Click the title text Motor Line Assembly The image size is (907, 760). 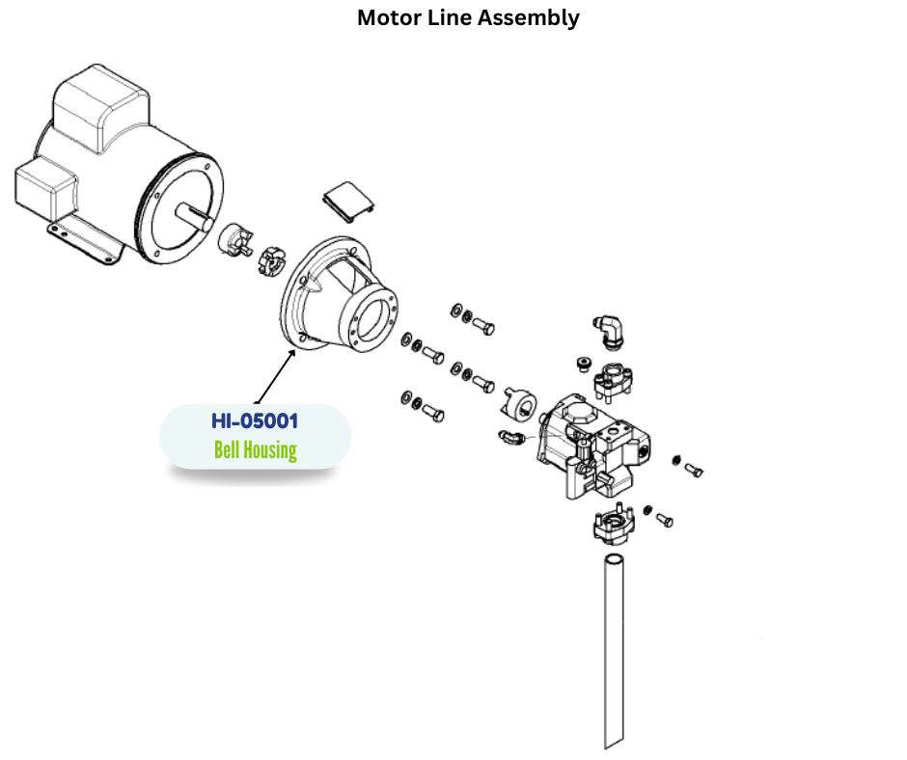pyautogui.click(x=468, y=17)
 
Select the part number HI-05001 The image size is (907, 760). pyautogui.click(x=255, y=421)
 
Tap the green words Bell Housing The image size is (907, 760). pyautogui.click(x=255, y=449)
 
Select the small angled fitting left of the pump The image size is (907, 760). pyautogui.click(x=512, y=439)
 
